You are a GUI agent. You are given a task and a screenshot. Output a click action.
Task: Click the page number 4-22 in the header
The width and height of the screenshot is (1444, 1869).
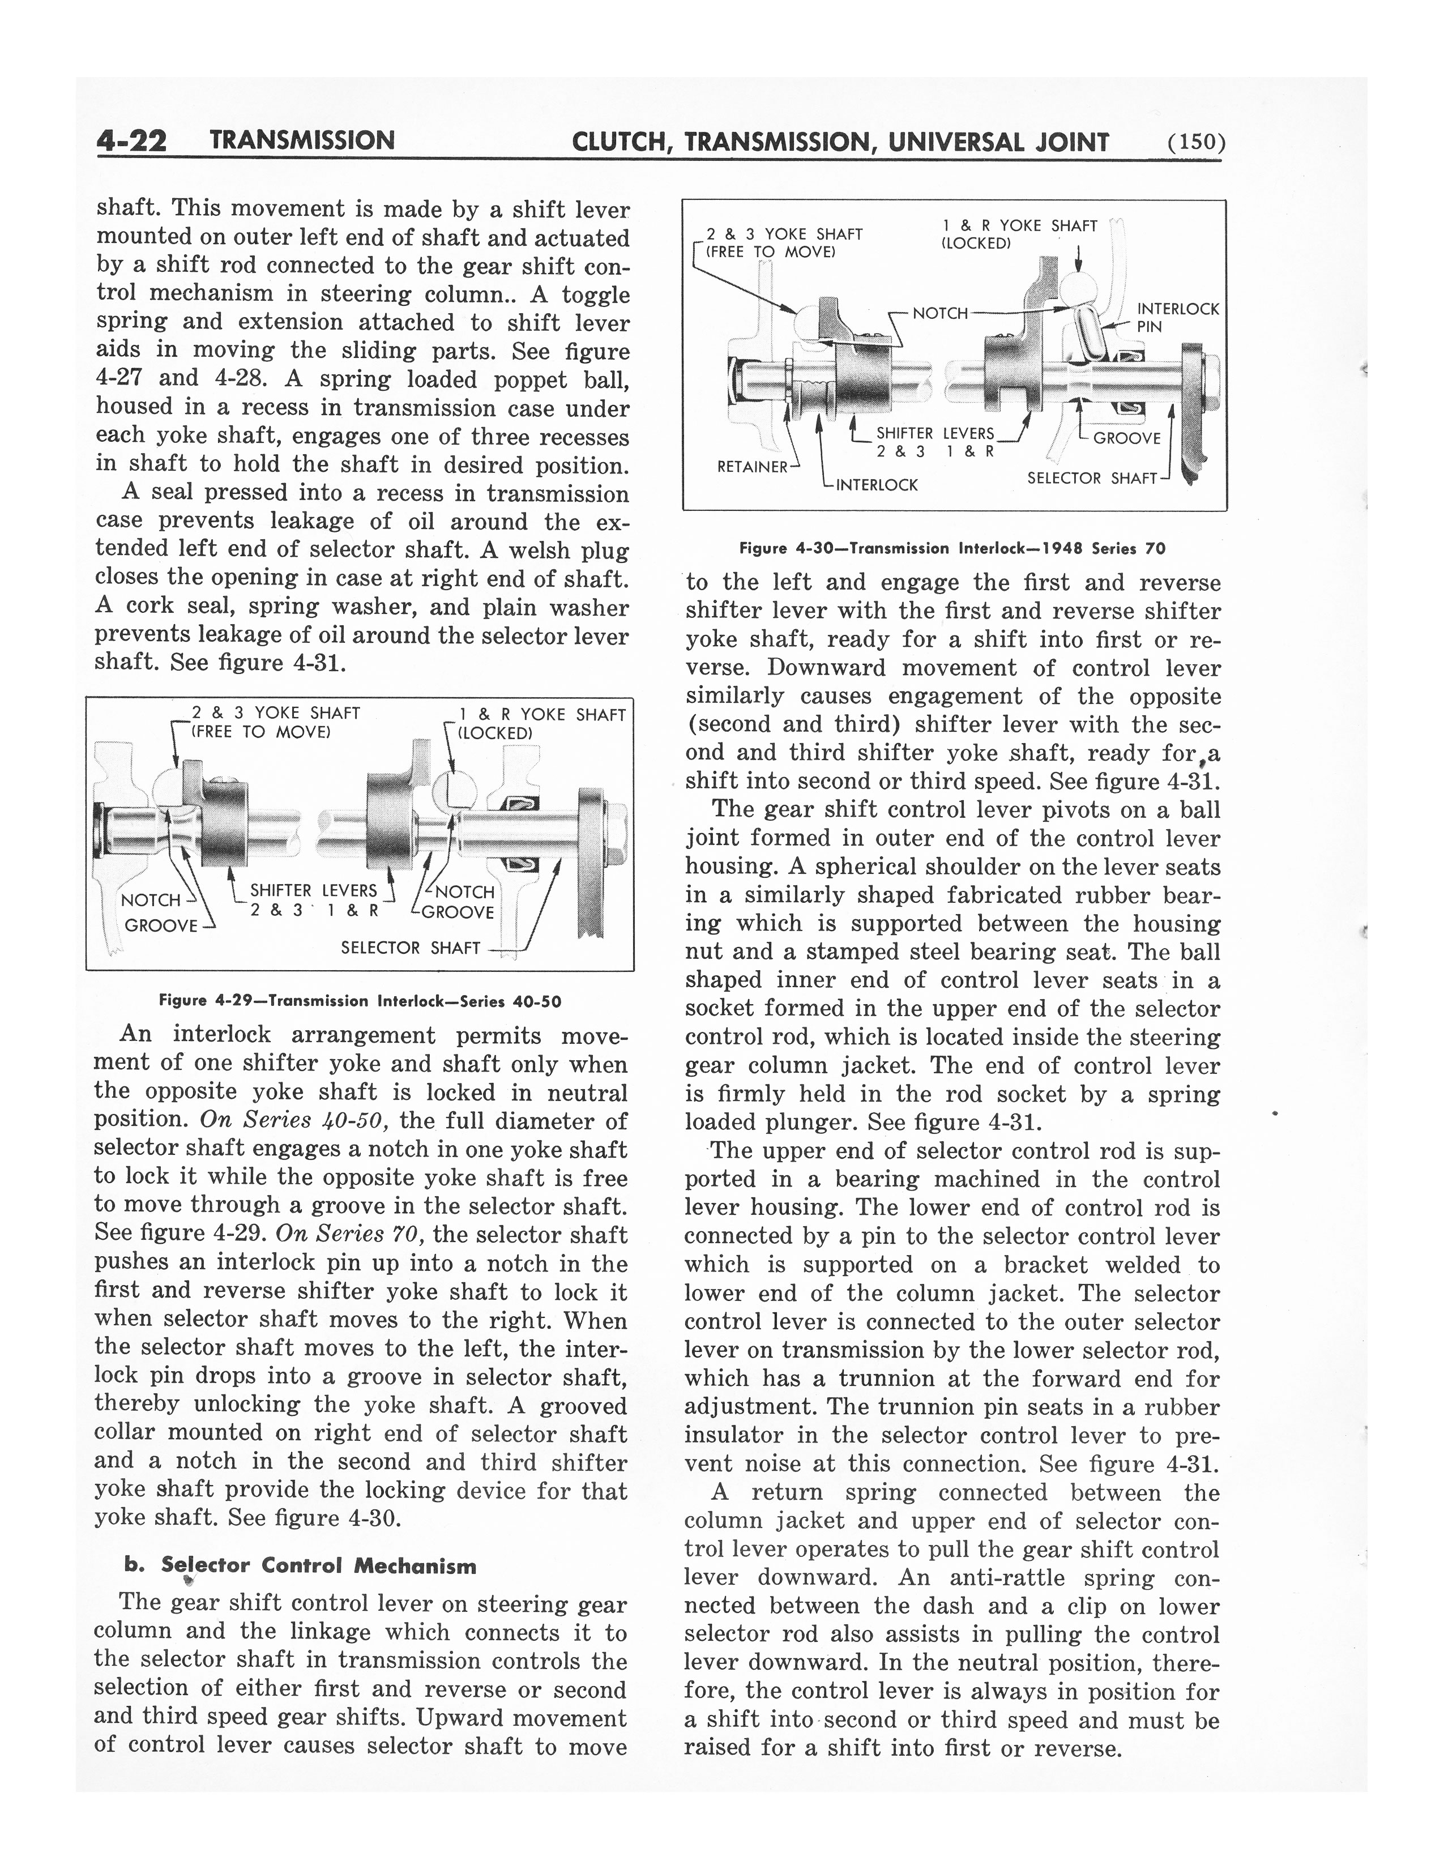[x=132, y=140]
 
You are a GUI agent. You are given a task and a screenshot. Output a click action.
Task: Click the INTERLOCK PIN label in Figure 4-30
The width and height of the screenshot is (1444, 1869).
[x=1177, y=317]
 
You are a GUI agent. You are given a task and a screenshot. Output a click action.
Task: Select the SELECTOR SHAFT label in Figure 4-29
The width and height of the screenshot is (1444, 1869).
[x=411, y=948]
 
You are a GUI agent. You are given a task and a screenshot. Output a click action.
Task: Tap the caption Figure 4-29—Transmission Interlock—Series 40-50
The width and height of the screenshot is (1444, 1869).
[x=360, y=1000]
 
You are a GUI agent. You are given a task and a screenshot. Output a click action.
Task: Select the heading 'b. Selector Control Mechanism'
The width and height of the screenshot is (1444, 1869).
[x=300, y=1566]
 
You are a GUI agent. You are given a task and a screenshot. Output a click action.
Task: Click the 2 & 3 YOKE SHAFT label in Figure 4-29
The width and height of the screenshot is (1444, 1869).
[x=275, y=713]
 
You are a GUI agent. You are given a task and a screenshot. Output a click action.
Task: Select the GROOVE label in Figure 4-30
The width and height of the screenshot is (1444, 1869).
[x=1127, y=438]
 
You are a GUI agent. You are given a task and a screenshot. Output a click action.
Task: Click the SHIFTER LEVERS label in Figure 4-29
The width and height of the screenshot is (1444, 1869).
[x=313, y=891]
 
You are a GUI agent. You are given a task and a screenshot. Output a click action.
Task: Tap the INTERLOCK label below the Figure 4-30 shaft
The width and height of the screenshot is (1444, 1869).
[x=877, y=485]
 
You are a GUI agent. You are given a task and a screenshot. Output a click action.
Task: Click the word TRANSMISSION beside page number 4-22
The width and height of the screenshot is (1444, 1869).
[x=302, y=140]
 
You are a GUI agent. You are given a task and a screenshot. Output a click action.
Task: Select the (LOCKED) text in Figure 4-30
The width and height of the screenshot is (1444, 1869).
[x=976, y=243]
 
